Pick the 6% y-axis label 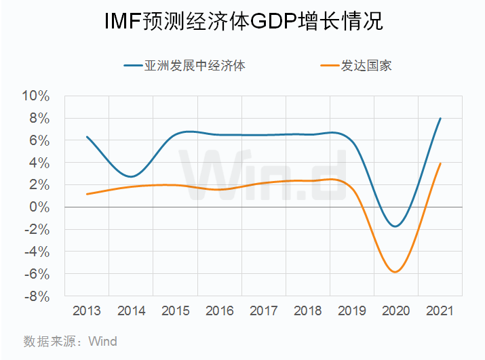pyautogui.click(x=40, y=140)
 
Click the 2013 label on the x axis pyautogui.click(x=87, y=311)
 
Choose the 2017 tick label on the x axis pyautogui.click(x=263, y=311)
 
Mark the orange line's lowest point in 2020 pyautogui.click(x=395, y=272)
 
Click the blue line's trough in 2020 pyautogui.click(x=395, y=226)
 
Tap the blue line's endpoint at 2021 pyautogui.click(x=440, y=118)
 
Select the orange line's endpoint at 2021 pyautogui.click(x=440, y=163)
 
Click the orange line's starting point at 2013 pyautogui.click(x=87, y=194)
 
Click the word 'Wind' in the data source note pyautogui.click(x=103, y=342)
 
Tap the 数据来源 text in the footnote pyautogui.click(x=47, y=342)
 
